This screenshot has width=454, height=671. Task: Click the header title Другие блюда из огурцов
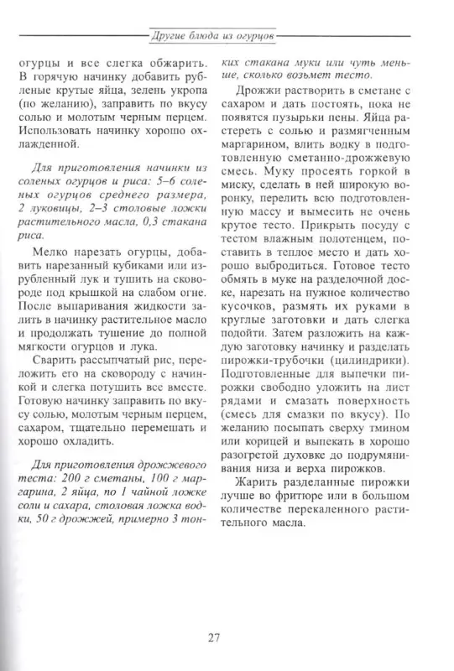point(213,38)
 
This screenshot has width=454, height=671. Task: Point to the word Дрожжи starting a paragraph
point(257,91)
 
